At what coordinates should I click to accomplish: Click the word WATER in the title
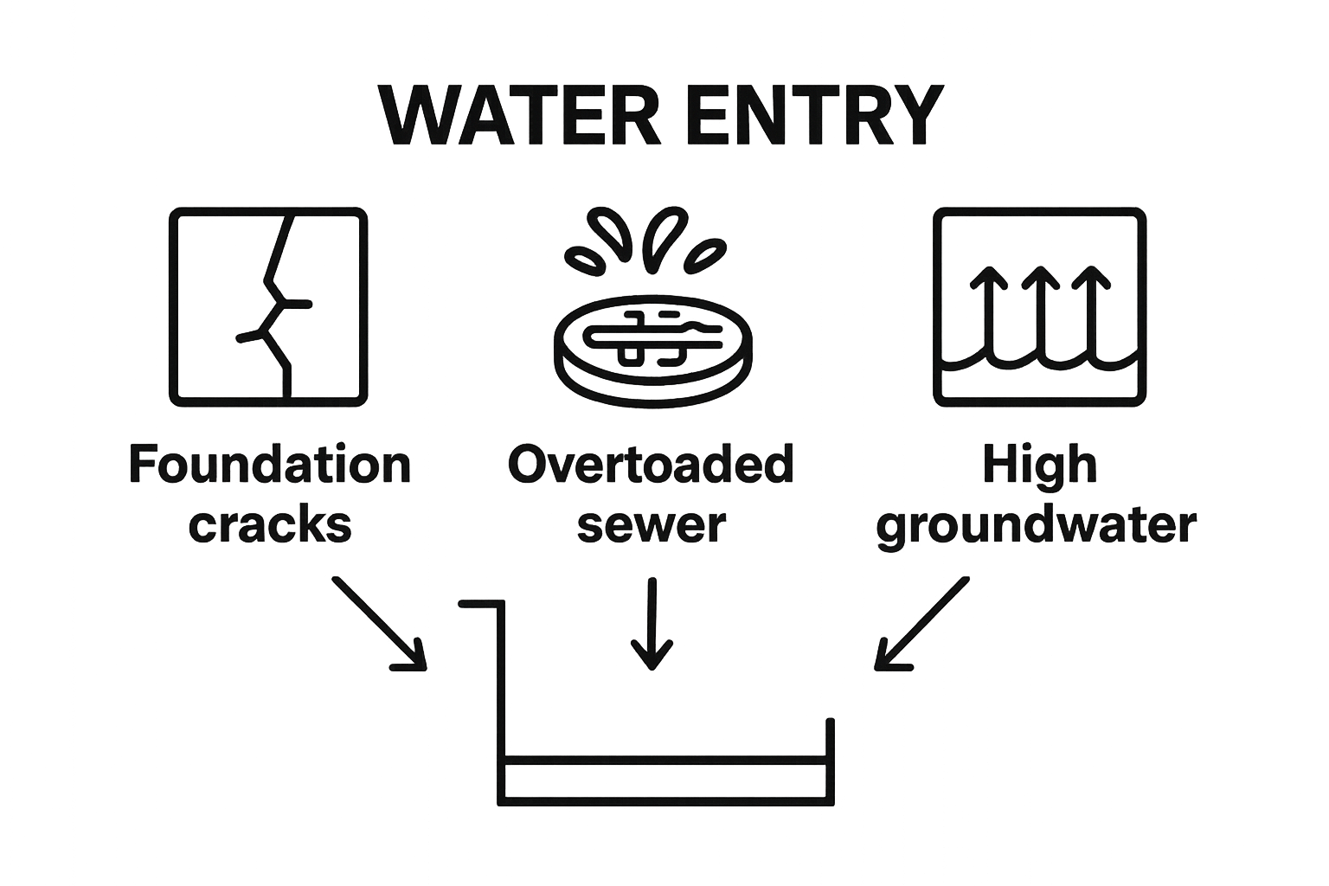pyautogui.click(x=519, y=116)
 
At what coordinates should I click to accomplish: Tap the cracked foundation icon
pyautogui.click(x=268, y=307)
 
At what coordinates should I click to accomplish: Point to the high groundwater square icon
pyautogui.click(x=1039, y=307)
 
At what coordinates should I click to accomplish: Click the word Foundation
pyautogui.click(x=270, y=465)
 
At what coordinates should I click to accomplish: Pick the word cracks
pyautogui.click(x=270, y=524)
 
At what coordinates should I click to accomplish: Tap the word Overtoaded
pyautogui.click(x=651, y=465)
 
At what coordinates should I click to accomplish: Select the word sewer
pyautogui.click(x=652, y=526)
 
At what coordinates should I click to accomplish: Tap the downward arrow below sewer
pyautogui.click(x=652, y=624)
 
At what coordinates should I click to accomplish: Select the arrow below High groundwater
pyautogui.click(x=922, y=625)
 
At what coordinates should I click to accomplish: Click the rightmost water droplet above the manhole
pyautogui.click(x=705, y=256)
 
